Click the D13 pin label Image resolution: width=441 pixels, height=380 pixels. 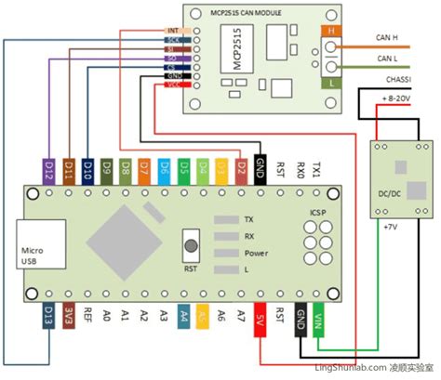tap(47, 316)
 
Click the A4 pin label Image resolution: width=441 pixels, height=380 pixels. tap(183, 316)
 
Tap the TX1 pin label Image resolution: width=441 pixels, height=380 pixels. tap(318, 170)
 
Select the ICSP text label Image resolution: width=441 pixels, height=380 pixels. tap(317, 212)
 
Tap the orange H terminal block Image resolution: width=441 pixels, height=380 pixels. tap(332, 32)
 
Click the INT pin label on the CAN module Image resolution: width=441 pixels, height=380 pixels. tap(173, 29)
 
